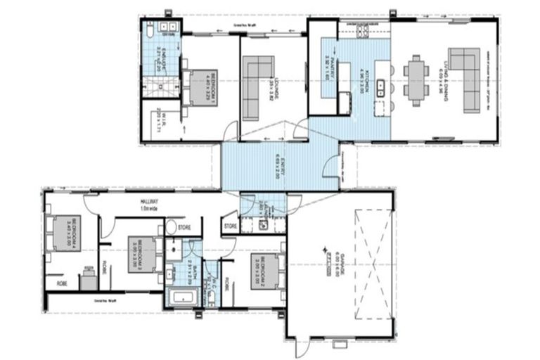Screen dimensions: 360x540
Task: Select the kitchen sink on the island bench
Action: coord(380,88)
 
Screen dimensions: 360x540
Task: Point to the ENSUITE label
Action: coord(160,60)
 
